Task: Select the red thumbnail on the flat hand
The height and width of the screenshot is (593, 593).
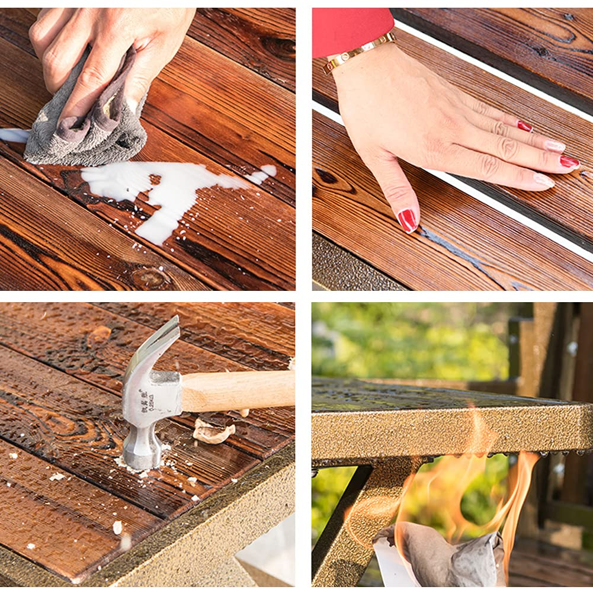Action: click(x=408, y=220)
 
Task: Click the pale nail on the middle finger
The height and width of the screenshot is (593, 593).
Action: click(x=555, y=146)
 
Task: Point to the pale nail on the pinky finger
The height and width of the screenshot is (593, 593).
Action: click(x=544, y=180)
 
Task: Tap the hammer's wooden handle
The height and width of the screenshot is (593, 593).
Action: click(x=237, y=390)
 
